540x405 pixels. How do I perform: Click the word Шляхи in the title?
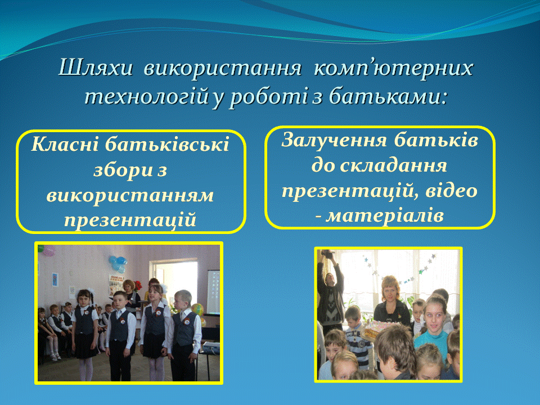coord(96,67)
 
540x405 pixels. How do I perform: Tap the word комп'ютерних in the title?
coord(393,68)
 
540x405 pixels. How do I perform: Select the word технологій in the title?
coord(147,96)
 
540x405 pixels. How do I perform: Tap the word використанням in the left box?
coord(130,195)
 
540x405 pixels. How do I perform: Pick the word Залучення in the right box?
coord(334,140)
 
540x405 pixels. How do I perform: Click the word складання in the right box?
coord(393,165)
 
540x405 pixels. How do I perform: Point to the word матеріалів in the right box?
coord(385,216)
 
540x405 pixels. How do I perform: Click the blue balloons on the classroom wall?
coord(117,263)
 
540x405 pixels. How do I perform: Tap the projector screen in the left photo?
coord(213,292)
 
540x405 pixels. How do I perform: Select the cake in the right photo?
coord(378,328)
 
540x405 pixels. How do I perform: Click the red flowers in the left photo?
coord(137,285)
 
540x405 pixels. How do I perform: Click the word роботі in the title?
coord(268,96)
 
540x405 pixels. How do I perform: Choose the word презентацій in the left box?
coord(130,220)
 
